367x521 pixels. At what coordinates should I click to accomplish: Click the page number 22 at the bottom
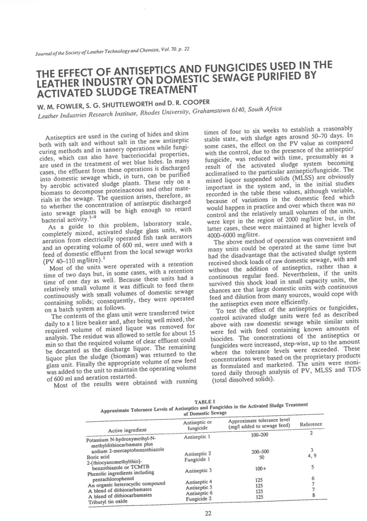[x=208, y=513]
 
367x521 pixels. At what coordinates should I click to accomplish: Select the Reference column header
[x=311, y=424]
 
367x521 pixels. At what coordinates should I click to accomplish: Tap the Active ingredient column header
[x=127, y=430]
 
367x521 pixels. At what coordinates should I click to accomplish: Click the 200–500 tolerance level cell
[x=260, y=452]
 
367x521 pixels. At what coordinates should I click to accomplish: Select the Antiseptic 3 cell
[x=198, y=471]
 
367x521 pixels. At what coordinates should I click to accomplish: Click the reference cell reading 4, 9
[x=312, y=455]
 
